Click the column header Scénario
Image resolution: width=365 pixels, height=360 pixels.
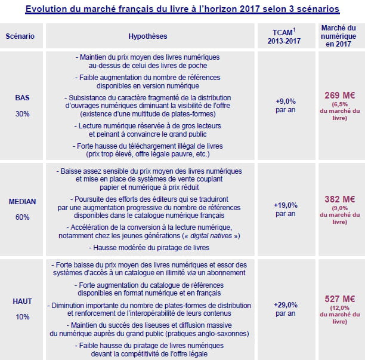pyautogui.click(x=20, y=36)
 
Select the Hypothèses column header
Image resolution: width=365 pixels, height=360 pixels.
pyautogui.click(x=148, y=36)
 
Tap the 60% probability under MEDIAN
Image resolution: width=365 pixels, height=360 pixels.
pyautogui.click(x=22, y=217)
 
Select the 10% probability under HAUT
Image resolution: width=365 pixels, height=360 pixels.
pyautogui.click(x=22, y=317)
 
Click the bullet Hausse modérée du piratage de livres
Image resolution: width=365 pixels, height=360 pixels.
pyautogui.click(x=148, y=247)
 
